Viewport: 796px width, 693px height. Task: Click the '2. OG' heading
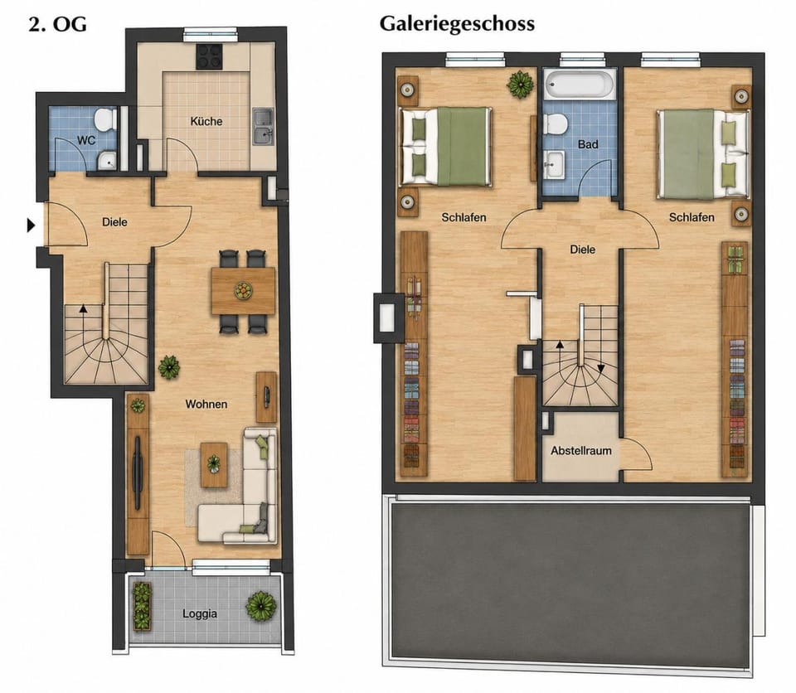coord(57,24)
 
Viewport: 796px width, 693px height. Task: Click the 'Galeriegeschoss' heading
coord(457,24)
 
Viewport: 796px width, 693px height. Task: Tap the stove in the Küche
coord(209,56)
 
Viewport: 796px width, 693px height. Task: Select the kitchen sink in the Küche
coord(263,127)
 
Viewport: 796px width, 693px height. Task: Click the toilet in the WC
coord(105,119)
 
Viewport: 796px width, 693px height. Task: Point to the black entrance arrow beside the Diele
coord(31,225)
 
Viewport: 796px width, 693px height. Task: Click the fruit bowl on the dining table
coord(243,291)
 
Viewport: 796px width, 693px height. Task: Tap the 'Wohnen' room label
coord(206,405)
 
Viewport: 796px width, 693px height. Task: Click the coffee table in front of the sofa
coord(214,464)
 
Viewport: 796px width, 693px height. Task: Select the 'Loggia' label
coord(200,613)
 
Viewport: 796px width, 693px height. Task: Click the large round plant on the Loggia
coord(261,606)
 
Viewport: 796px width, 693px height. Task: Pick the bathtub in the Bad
coord(580,85)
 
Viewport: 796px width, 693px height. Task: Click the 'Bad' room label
coord(588,145)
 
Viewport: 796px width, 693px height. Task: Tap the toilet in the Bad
coord(555,124)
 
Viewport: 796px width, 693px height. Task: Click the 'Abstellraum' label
coord(581,451)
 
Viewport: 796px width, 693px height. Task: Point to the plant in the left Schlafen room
coord(521,85)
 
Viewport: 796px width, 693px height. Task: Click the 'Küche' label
coord(206,121)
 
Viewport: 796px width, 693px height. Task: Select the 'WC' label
coord(86,140)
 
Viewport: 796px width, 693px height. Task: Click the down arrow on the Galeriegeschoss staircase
coord(600,369)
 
